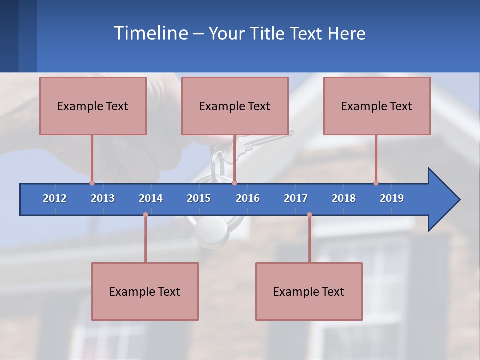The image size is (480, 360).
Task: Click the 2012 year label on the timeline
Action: click(x=55, y=198)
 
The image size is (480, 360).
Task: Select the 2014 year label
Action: click(x=151, y=198)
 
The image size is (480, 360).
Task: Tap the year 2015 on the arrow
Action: click(x=199, y=198)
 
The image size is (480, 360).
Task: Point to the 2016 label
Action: click(x=248, y=198)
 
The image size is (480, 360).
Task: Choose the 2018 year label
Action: click(x=344, y=198)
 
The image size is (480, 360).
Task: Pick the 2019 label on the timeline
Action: click(x=392, y=198)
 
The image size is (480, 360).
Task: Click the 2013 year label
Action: click(x=103, y=198)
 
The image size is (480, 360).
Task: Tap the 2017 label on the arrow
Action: click(x=296, y=198)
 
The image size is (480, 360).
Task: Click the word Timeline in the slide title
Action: click(x=150, y=33)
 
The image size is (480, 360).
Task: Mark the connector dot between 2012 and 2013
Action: click(x=92, y=183)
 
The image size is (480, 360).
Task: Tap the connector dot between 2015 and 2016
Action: click(x=234, y=183)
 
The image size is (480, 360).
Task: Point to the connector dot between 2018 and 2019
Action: click(x=376, y=183)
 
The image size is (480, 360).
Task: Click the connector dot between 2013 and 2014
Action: click(x=145, y=215)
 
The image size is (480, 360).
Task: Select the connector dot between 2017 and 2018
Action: click(x=309, y=215)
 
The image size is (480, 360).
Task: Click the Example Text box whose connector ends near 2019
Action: click(x=377, y=106)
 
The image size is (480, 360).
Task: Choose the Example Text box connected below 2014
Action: click(x=145, y=291)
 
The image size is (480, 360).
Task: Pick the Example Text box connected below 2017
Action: click(x=309, y=291)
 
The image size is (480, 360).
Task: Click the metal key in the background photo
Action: click(x=260, y=142)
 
